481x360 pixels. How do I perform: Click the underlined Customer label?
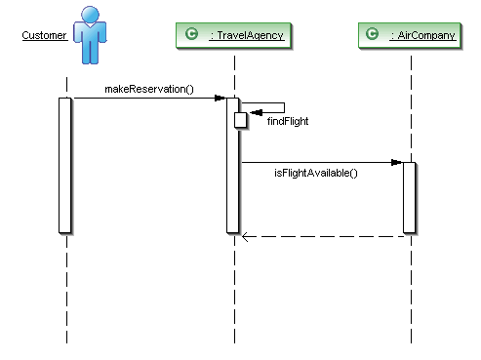click(45, 36)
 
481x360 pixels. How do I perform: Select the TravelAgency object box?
click(234, 36)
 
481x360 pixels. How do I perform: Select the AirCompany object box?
click(411, 36)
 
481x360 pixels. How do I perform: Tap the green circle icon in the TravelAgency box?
click(192, 36)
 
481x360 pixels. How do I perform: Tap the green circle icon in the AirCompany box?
click(372, 36)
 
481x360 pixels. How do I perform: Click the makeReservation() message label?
click(148, 90)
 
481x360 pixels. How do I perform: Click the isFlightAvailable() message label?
click(315, 173)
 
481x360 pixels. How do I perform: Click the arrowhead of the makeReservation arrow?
click(220, 98)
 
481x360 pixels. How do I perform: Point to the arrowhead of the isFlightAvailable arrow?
click(397, 162)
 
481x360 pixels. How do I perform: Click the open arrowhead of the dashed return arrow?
click(246, 235)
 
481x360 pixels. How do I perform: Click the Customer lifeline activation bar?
click(65, 166)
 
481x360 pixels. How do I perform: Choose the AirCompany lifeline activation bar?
click(410, 197)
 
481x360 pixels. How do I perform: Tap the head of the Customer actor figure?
click(91, 15)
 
